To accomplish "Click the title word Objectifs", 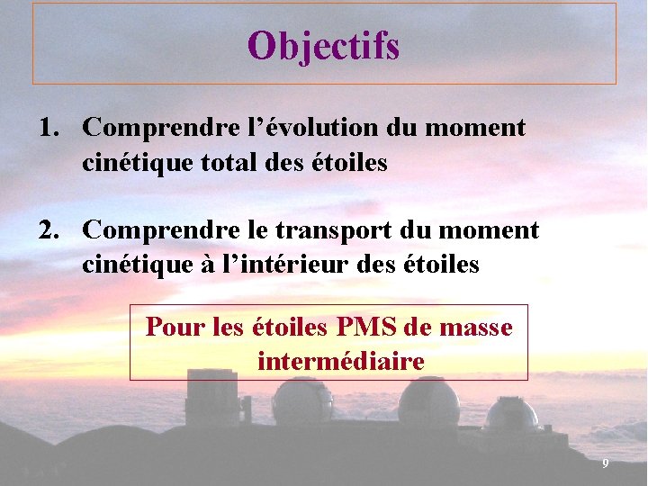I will (x=324, y=46).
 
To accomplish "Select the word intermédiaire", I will (x=340, y=362).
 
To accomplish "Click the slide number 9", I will (x=606, y=463).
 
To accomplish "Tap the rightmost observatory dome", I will (x=511, y=414).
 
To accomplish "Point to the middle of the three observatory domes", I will (x=428, y=402).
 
